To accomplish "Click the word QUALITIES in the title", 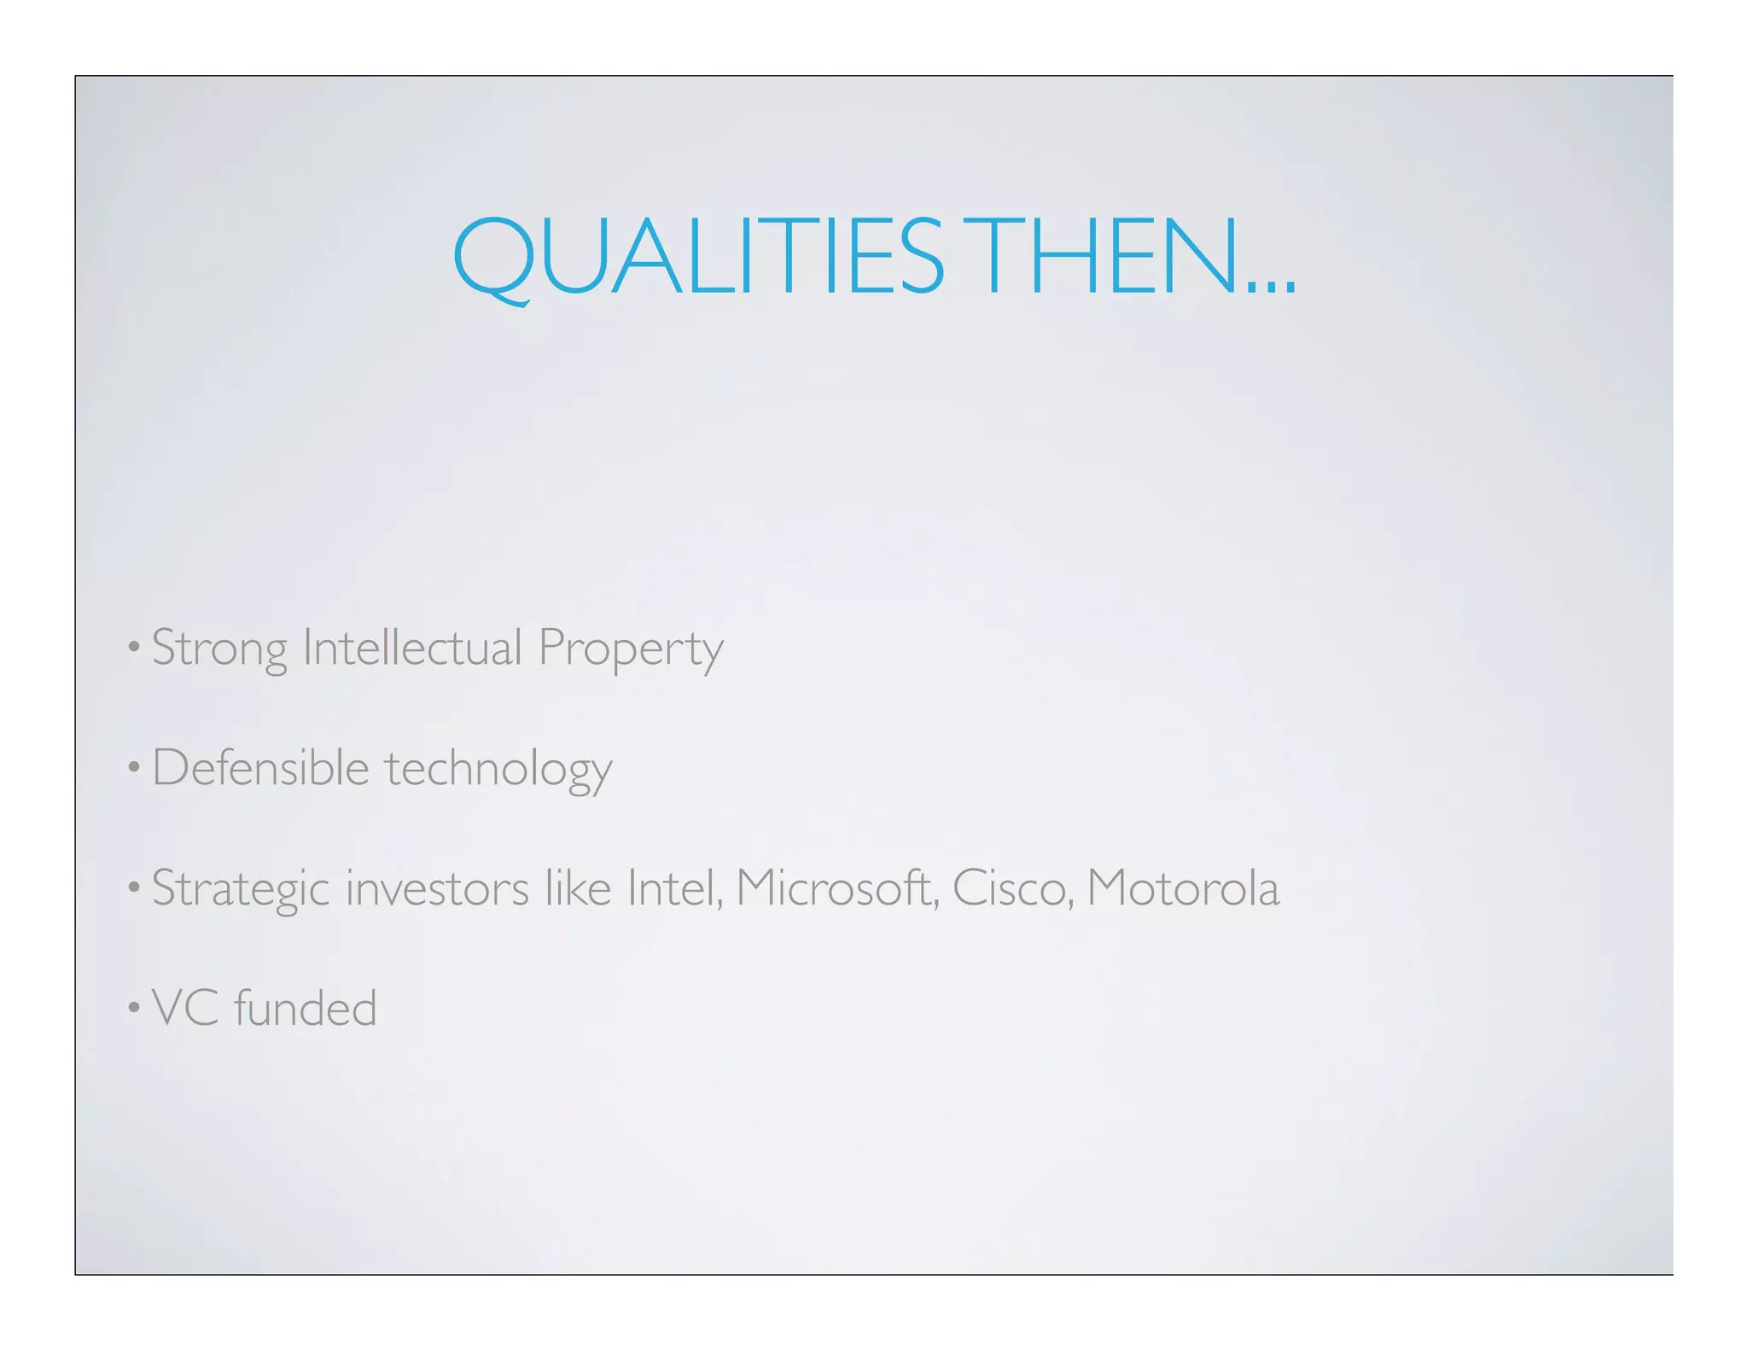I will [x=698, y=256].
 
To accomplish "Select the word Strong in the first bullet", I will [x=219, y=649].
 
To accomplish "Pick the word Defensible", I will [x=260, y=767].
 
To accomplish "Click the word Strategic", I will [x=241, y=889].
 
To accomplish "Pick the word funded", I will [x=305, y=1008].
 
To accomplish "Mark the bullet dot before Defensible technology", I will [x=133, y=769].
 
